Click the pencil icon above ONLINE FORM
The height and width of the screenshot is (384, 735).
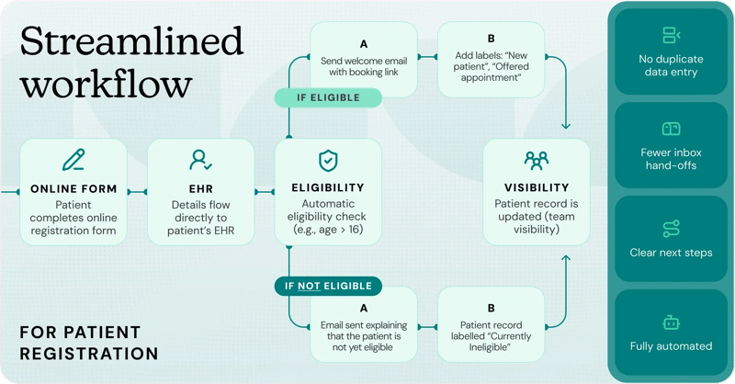point(73,161)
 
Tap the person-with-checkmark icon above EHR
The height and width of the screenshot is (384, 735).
point(200,161)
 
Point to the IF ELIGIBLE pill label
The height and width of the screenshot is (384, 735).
point(328,96)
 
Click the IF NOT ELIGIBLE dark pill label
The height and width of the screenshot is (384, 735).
point(328,286)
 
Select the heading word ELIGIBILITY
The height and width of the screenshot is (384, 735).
point(328,188)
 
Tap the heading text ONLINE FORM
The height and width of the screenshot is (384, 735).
point(73,188)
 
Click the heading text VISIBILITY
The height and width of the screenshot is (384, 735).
point(537,188)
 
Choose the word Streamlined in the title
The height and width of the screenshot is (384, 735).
point(131,42)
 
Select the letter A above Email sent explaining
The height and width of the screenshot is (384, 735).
point(362,310)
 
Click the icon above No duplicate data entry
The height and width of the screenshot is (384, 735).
point(671,36)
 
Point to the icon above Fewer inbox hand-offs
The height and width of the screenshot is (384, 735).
point(671,130)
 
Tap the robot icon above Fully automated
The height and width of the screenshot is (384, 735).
point(671,322)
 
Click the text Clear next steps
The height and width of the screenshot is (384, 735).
point(671,253)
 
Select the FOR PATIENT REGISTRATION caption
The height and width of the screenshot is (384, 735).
point(89,342)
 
